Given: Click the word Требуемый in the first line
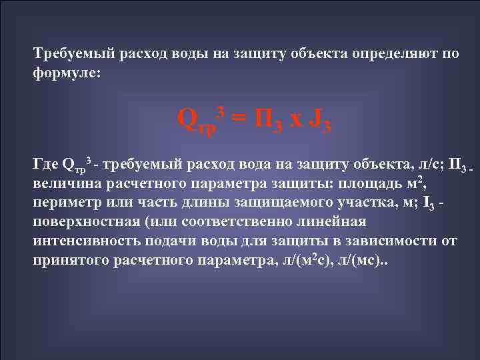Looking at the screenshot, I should click(x=67, y=54).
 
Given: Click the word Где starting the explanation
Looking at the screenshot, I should click(x=45, y=163).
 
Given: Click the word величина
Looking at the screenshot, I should click(x=66, y=183).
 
